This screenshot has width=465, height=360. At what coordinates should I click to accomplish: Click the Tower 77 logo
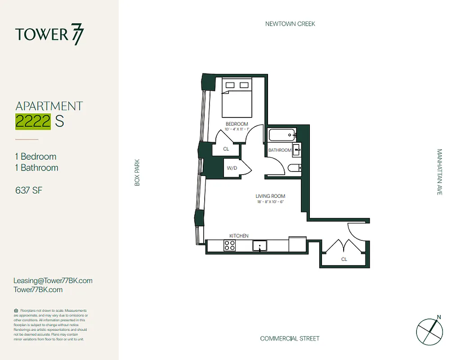pos(49,35)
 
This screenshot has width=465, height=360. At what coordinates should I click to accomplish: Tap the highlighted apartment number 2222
pos(33,121)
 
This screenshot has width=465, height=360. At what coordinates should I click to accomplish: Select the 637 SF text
pos(29,190)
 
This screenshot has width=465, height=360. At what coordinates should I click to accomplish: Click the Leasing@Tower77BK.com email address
pos(53,280)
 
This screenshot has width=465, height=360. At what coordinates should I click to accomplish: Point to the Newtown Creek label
pos(290,24)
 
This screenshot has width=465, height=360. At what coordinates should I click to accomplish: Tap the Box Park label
pos(138,172)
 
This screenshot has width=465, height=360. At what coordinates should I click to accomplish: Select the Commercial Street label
pos(290,338)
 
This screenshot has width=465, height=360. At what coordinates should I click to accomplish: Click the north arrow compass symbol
pos(429,332)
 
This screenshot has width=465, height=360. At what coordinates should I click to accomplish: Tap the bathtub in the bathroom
pos(280,135)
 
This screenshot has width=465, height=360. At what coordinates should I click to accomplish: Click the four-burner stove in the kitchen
pos(229,246)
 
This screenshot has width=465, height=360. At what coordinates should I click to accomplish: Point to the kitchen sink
pos(259,246)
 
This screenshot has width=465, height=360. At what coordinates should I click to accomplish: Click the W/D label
pos(232,168)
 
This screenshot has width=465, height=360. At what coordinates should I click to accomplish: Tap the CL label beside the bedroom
pos(226,149)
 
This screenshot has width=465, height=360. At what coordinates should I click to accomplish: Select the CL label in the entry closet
pos(344,259)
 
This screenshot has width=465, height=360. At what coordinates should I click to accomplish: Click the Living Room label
pos(270,196)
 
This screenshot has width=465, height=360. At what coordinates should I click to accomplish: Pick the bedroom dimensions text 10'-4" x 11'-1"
pos(237,130)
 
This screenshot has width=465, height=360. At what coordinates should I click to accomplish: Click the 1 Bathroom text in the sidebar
pos(36,167)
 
